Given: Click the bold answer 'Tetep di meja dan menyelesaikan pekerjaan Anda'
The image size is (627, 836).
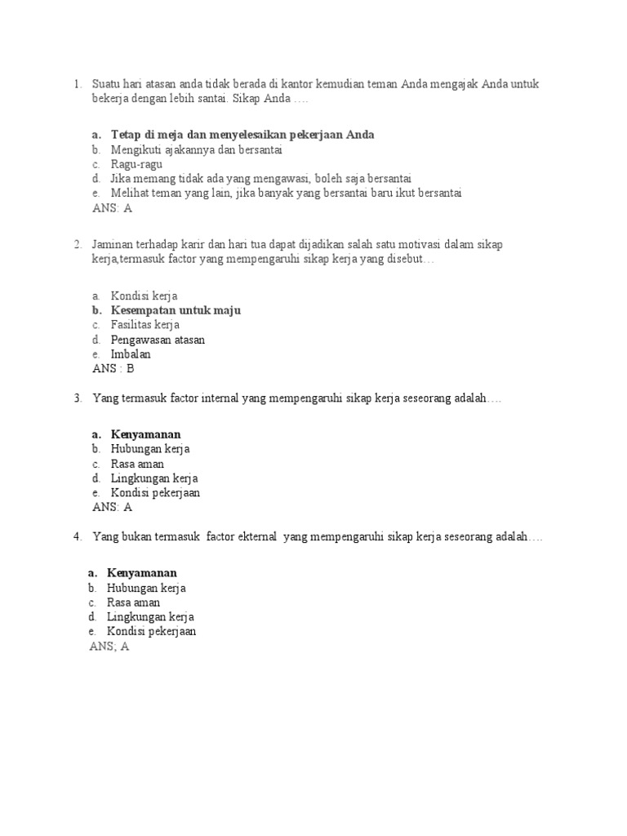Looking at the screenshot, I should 242,135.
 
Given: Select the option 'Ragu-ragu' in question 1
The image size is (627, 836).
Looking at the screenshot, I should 136,164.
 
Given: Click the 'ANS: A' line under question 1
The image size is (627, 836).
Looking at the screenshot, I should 113,208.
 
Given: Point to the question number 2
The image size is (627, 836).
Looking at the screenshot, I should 77,244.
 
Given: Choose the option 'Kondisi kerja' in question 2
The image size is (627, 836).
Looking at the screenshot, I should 144,296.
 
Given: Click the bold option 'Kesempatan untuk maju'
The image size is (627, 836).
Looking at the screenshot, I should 176,310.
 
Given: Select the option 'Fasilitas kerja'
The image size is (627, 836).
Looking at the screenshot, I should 145,325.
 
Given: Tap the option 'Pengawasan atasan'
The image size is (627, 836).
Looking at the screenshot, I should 158,340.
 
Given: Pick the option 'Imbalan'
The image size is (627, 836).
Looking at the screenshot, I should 131,354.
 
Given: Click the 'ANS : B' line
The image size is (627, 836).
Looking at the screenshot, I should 113,369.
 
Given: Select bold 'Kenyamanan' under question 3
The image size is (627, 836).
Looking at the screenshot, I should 145,434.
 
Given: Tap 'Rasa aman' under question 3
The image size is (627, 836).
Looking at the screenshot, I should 137,464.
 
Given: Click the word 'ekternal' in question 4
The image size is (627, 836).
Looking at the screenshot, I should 256,537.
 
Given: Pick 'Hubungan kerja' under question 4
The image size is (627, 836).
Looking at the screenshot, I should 146,588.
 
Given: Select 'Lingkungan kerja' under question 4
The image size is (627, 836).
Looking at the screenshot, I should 150,617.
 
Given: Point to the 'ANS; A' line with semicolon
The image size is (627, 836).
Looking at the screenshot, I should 109,647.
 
